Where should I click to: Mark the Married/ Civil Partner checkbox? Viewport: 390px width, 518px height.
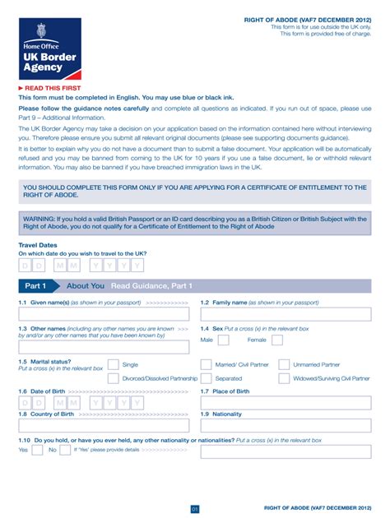[206, 364]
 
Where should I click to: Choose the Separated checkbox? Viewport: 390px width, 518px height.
[206, 379]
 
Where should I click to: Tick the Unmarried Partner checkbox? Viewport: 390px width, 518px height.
[285, 364]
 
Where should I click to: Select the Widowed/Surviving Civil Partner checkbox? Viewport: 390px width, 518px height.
[285, 379]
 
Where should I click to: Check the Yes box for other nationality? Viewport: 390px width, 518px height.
[35, 450]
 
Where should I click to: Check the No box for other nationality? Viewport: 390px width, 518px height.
[64, 450]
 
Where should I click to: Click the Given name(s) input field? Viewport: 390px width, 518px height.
[105, 314]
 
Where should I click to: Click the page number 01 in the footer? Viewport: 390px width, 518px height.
[195, 508]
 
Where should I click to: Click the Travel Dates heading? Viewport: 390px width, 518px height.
[38, 245]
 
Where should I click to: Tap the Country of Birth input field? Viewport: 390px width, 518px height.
[105, 426]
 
